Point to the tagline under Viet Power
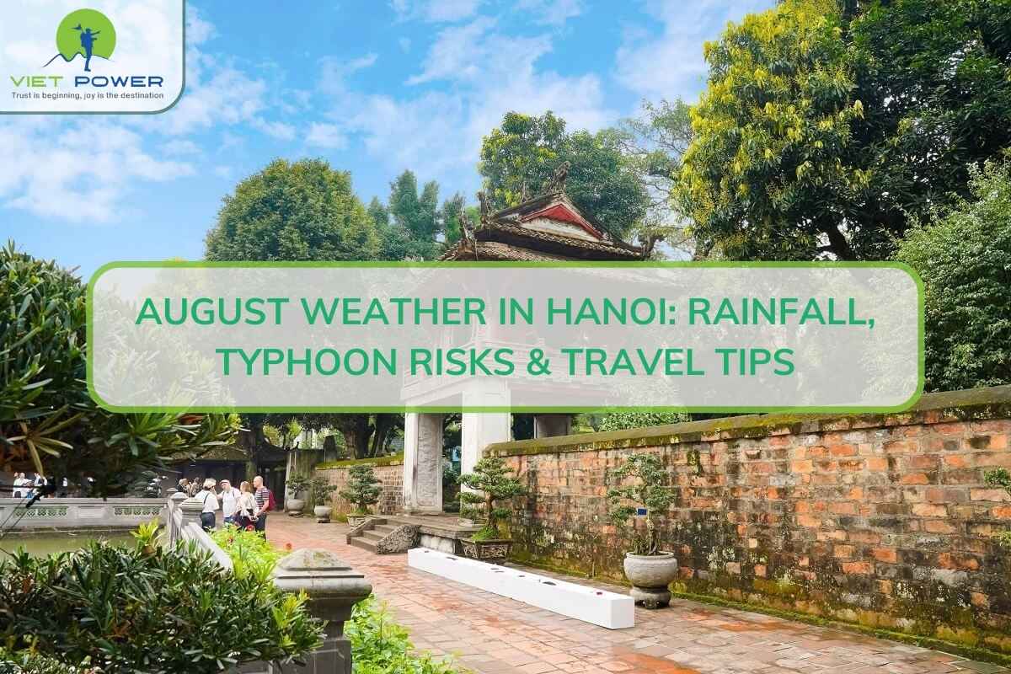pos(87,96)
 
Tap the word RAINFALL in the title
pos(780,313)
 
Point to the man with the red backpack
pos(262,504)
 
